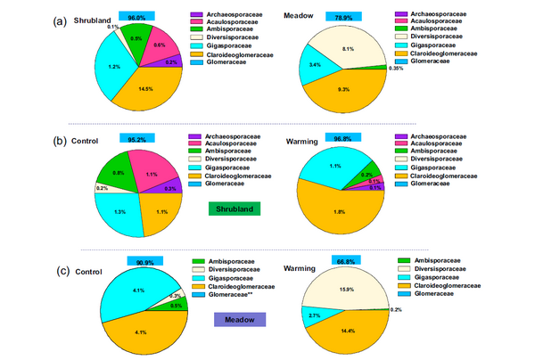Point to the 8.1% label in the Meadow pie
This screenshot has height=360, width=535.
[x=349, y=49]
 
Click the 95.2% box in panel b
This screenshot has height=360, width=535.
[x=136, y=139]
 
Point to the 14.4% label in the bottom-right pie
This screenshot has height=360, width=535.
[x=347, y=331]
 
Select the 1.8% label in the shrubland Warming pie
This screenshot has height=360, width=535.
[x=340, y=211]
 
